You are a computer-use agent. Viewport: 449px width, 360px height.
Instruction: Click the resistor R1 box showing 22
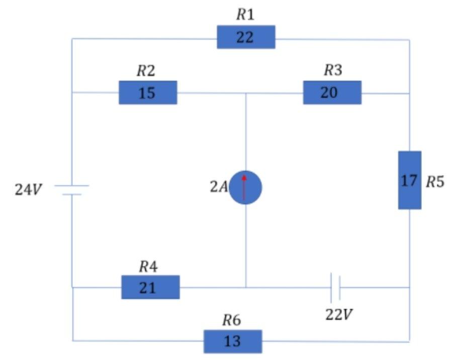coord(246,37)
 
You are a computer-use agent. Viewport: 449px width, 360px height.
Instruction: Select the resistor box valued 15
coord(148,93)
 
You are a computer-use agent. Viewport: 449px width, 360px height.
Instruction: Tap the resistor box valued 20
coord(332,93)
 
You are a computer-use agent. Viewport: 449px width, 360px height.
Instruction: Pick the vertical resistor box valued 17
coord(409,180)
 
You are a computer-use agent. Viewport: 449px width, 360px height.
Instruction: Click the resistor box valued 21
coord(150,287)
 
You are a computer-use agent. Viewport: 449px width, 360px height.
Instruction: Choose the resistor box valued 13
coord(233,341)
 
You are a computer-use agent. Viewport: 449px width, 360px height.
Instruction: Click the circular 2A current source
coord(245,188)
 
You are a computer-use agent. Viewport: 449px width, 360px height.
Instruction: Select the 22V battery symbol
coord(336,287)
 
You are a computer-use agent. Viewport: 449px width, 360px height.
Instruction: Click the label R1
coord(245,15)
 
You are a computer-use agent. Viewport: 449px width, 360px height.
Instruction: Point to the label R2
coord(146,71)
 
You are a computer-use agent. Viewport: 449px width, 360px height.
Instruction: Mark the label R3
coord(332,70)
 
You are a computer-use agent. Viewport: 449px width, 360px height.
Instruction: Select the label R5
coord(435,182)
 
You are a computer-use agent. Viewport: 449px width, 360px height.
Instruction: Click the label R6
coord(232,320)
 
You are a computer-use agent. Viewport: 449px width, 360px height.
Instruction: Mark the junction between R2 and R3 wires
coord(245,93)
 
